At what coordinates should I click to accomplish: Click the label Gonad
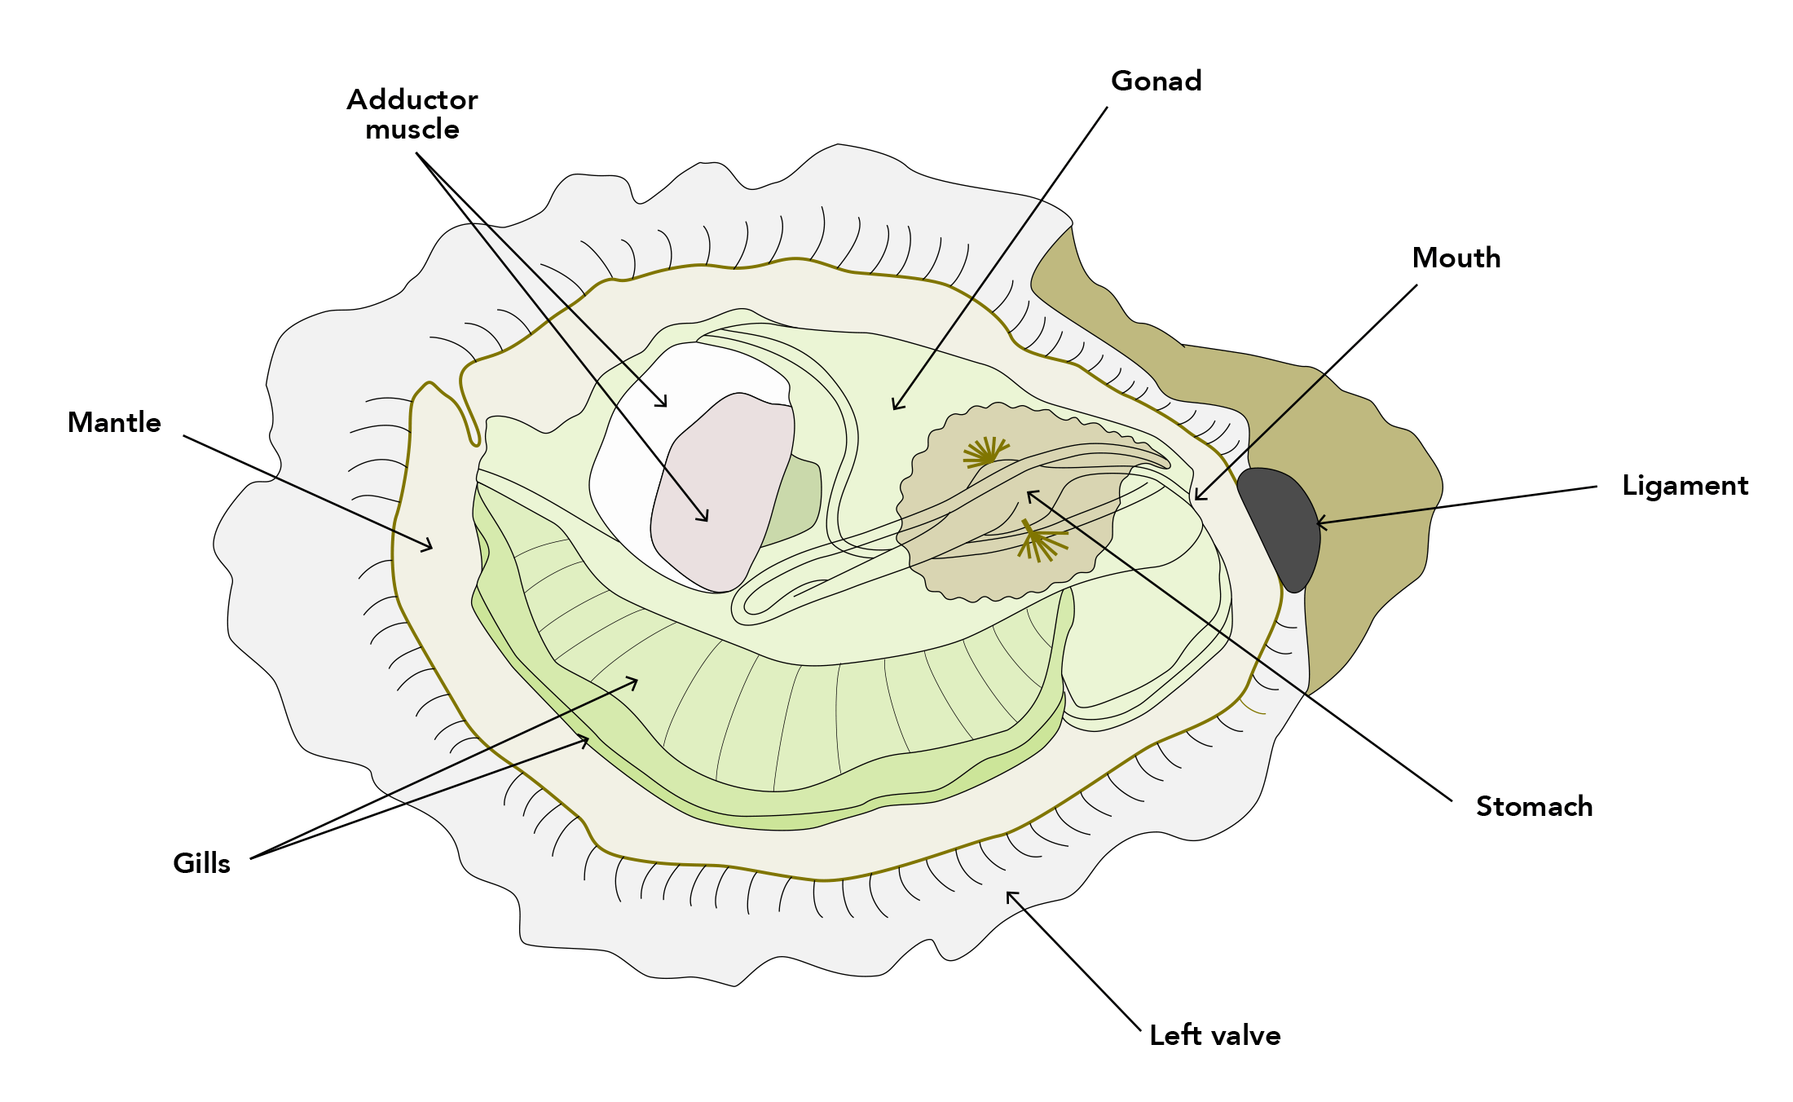1156,82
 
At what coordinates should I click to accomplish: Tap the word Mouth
1456,258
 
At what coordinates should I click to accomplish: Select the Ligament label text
1685,486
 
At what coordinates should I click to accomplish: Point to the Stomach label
1534,807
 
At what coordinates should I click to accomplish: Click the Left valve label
1214,1036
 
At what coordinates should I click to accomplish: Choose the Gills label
201,864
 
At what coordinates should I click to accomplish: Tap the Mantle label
114,423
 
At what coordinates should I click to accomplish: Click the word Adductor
412,100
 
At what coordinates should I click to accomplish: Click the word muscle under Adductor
412,130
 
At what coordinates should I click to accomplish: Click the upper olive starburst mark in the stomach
986,453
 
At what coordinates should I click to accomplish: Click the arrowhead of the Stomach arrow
1029,492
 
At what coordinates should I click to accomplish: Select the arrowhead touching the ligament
1319,523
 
